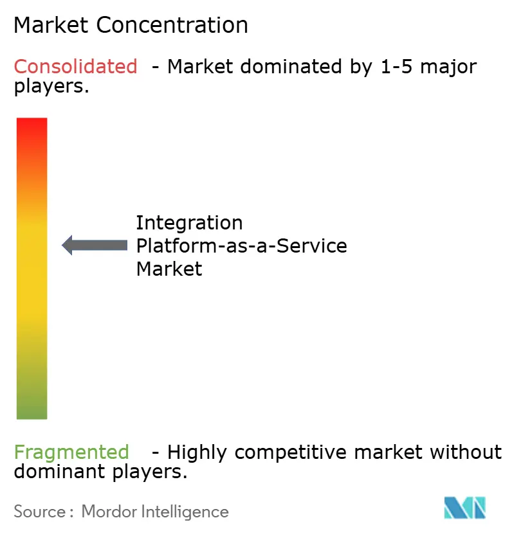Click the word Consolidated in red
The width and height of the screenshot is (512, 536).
coord(75,66)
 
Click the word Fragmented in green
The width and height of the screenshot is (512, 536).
coord(71,452)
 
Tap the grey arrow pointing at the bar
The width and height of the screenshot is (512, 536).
coord(95,245)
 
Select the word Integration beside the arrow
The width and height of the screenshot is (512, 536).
coord(189,223)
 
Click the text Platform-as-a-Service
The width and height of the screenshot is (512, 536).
coord(241,246)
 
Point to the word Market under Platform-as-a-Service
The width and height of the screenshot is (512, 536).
coord(169,268)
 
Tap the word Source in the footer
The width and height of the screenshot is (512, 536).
coord(39,512)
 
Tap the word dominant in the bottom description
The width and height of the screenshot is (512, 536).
coord(56,472)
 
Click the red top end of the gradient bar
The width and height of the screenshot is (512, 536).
coord(32,126)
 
